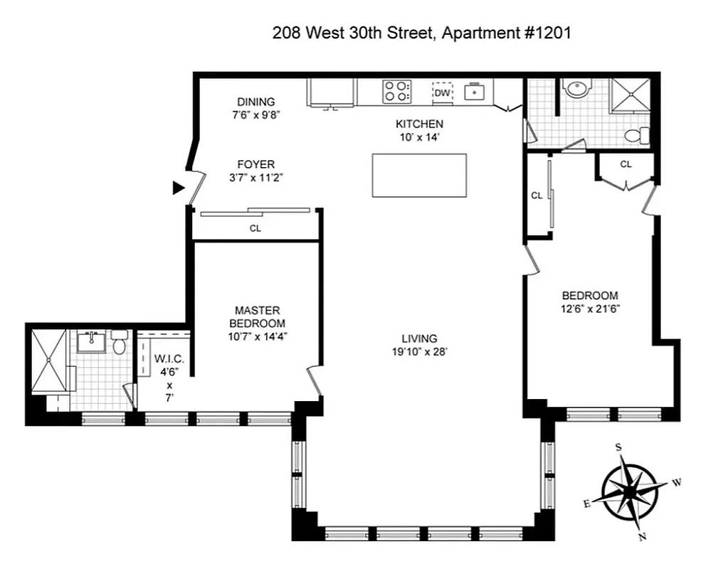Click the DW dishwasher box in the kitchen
coord(442,92)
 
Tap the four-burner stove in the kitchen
coord(397,92)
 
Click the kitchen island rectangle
coord(419,175)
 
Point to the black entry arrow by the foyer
coord(179,188)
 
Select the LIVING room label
coord(419,339)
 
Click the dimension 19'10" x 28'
coord(419,351)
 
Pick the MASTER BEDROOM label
coord(257,317)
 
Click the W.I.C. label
coord(169,359)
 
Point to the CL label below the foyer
coord(255,229)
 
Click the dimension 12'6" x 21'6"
coord(590,309)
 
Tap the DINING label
coord(255,102)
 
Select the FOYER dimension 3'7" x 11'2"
coord(256,179)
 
